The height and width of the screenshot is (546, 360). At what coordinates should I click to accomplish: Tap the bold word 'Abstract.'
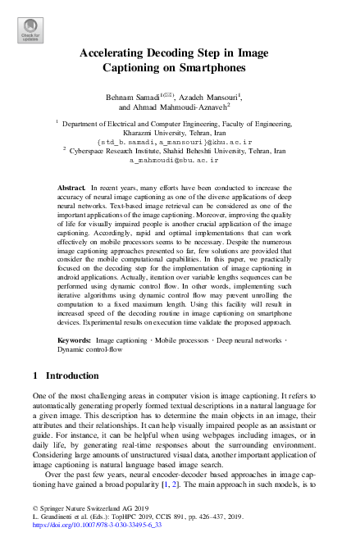[x=72, y=189]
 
